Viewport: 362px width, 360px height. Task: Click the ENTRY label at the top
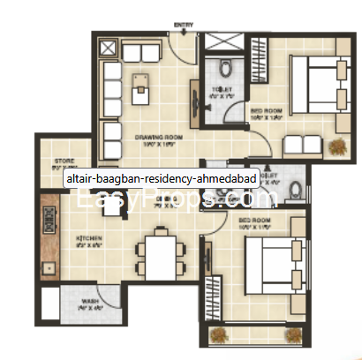point(184,23)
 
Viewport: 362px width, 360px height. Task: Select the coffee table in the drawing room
point(141,87)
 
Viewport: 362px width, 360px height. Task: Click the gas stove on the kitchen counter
point(49,221)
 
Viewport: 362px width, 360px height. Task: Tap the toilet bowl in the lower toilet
point(297,185)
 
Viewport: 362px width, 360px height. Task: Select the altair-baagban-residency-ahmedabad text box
point(161,178)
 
